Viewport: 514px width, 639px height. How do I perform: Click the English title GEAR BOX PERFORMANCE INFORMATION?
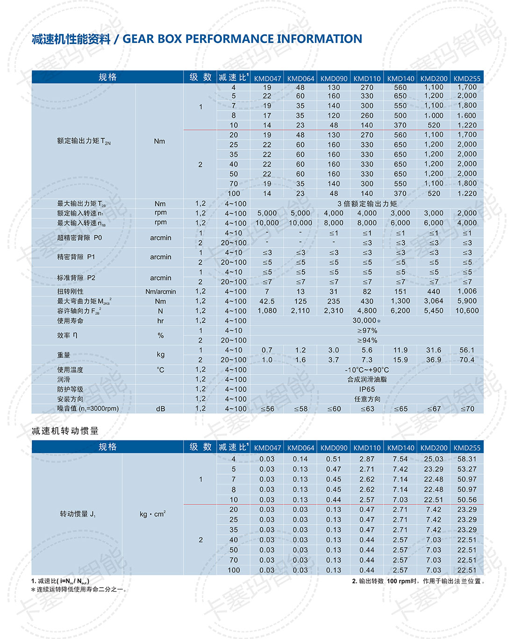click(242, 39)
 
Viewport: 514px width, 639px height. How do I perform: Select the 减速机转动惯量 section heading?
click(65, 431)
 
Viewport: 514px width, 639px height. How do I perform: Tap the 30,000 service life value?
click(364, 320)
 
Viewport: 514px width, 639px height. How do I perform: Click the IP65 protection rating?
click(367, 389)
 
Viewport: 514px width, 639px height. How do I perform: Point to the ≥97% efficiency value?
click(367, 331)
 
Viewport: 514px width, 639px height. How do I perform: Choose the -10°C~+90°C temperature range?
click(367, 369)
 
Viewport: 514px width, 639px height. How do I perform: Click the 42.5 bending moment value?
click(267, 301)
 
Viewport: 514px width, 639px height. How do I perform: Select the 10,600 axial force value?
click(467, 311)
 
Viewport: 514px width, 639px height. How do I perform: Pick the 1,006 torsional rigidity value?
click(467, 291)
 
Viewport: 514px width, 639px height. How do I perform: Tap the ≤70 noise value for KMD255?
click(467, 409)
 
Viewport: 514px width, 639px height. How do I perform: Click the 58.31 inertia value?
click(467, 459)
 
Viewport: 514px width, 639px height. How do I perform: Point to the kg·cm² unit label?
click(153, 514)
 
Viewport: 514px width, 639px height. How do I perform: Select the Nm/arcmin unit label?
click(160, 291)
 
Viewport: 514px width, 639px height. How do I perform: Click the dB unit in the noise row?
click(160, 409)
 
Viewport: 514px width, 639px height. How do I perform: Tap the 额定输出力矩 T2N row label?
click(84, 141)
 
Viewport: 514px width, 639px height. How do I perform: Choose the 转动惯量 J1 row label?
click(78, 514)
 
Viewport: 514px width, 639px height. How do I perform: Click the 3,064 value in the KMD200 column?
click(434, 301)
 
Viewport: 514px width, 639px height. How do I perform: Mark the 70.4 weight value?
click(467, 360)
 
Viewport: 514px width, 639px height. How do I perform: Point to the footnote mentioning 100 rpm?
click(418, 581)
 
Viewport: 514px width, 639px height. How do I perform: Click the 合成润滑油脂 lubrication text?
click(367, 379)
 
